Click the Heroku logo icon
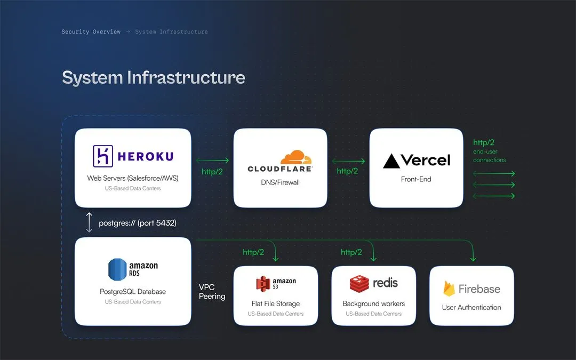point(102,156)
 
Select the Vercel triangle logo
point(391,161)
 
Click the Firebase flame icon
point(449,289)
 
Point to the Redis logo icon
point(359,283)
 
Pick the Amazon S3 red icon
point(262,284)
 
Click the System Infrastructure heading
point(154,77)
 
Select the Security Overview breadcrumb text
point(91,32)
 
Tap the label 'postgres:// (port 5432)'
point(138,223)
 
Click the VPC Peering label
point(212,292)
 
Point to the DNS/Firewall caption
point(280,182)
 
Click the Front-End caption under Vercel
point(416,179)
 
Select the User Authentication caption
point(471,307)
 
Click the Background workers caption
point(373,303)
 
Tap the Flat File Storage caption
point(276,303)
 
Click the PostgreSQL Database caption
point(133,292)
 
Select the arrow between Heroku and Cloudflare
point(212,161)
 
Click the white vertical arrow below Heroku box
point(89,222)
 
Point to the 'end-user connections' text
point(489,156)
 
